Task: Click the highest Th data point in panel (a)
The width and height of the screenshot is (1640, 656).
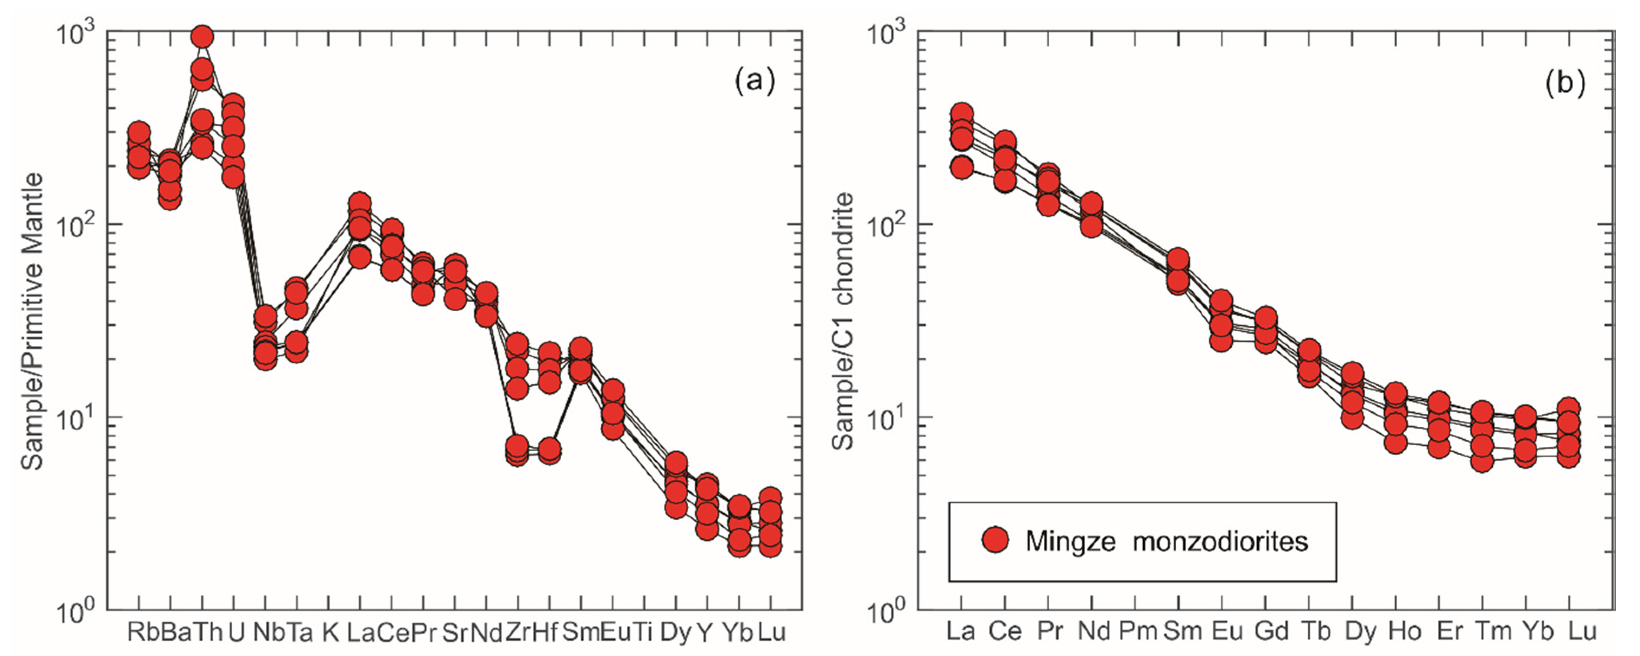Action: point(202,37)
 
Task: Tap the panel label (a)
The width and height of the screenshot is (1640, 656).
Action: point(755,81)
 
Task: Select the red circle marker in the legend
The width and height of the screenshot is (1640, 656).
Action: point(995,539)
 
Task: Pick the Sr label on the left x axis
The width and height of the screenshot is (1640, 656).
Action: point(455,632)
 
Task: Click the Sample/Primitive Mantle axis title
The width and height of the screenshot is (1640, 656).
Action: point(32,321)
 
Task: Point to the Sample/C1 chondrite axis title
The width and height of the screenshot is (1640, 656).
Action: point(843,321)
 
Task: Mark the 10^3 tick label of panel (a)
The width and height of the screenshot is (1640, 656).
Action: point(75,33)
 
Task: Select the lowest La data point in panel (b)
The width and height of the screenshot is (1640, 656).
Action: point(961,168)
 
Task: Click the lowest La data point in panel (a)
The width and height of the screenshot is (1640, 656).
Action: point(360,258)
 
